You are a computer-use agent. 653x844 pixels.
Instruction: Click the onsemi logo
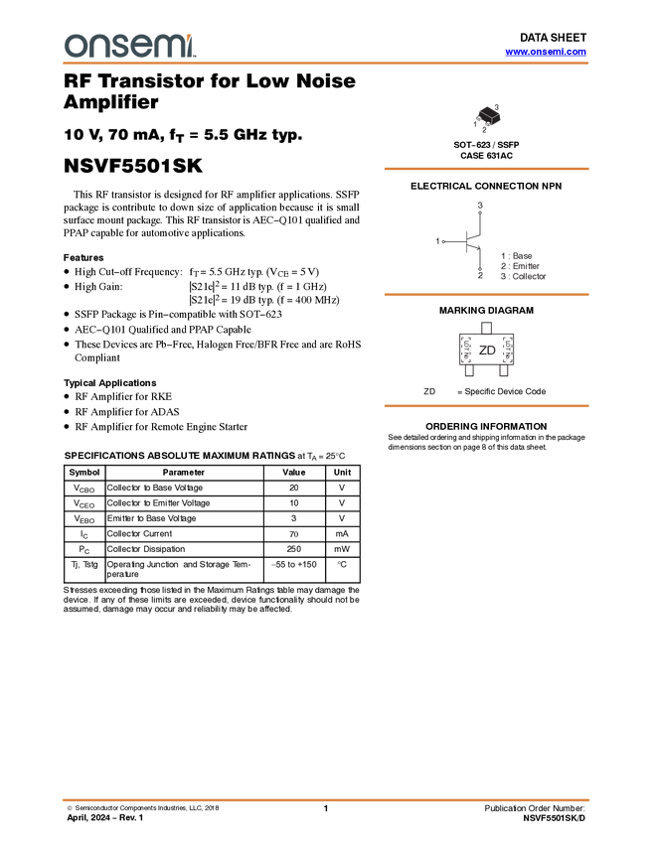[x=129, y=45]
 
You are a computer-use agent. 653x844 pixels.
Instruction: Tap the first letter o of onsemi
[x=75, y=46]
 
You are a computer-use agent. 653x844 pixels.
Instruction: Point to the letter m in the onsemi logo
[x=174, y=46]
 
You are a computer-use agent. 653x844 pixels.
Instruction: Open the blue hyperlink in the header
[x=545, y=52]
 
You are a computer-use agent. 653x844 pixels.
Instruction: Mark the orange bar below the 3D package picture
[x=486, y=169]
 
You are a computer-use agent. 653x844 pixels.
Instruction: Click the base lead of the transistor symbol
[x=441, y=240]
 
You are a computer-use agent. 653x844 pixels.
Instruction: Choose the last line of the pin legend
[x=523, y=277]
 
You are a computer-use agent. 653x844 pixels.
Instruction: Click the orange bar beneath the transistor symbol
[x=486, y=294]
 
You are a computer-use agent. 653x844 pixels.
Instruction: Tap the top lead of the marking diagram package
[x=487, y=324]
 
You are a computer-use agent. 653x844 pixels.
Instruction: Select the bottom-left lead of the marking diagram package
[x=468, y=374]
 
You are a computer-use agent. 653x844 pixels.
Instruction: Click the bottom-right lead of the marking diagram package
[x=505, y=374]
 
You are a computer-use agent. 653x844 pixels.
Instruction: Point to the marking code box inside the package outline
[x=487, y=350]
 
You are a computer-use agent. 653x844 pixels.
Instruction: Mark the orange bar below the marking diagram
[x=486, y=406]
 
